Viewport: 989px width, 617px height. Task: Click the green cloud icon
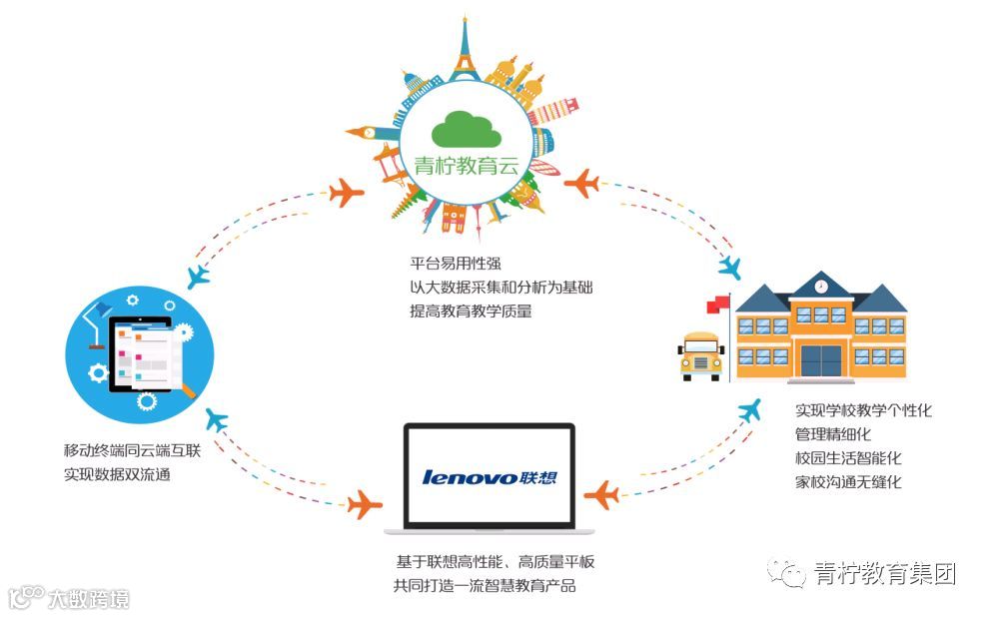point(466,128)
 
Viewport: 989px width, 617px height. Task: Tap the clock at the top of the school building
point(820,287)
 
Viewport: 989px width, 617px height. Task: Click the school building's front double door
point(820,358)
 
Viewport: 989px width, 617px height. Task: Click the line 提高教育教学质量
point(471,310)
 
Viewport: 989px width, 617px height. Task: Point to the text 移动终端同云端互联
point(133,451)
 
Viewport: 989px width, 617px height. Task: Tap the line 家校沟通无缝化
point(848,482)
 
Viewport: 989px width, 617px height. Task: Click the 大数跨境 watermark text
point(88,599)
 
